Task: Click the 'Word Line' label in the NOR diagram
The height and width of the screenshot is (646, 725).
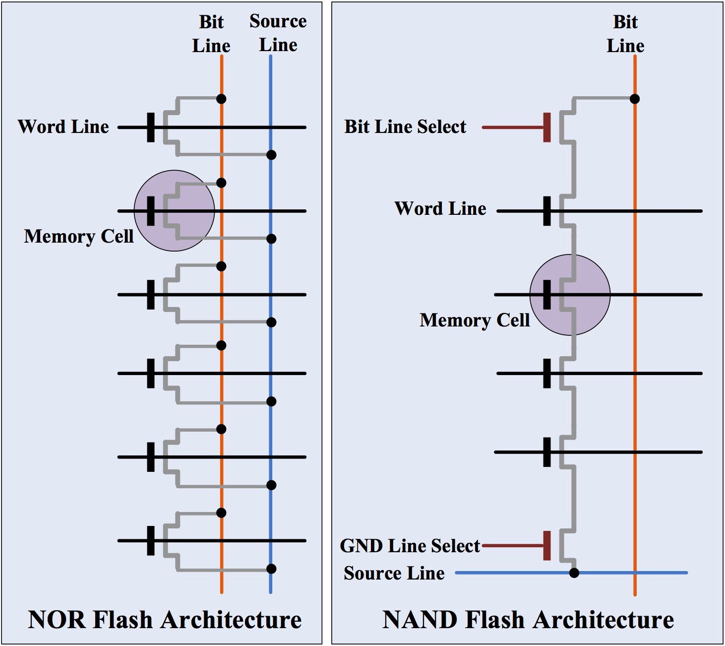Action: [x=63, y=127]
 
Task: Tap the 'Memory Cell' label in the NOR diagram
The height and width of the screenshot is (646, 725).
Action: [x=79, y=237]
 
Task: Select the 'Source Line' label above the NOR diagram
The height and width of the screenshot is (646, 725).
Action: [x=278, y=33]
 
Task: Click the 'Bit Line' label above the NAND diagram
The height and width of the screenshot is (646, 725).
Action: [x=625, y=34]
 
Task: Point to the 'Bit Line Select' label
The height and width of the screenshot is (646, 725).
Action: [x=405, y=127]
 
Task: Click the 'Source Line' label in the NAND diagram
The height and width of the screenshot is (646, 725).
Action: [x=394, y=573]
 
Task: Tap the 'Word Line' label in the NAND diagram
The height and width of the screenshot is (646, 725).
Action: [x=440, y=209]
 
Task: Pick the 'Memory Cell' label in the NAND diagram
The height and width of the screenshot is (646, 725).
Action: [x=475, y=321]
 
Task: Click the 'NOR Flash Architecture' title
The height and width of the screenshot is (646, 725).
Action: [x=165, y=620]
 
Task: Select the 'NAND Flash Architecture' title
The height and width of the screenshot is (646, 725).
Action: [x=528, y=620]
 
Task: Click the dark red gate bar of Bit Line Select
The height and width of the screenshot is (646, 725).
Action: [x=547, y=128]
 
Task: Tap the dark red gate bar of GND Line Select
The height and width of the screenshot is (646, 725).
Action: [x=547, y=546]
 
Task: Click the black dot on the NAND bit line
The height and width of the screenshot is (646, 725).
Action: [x=634, y=99]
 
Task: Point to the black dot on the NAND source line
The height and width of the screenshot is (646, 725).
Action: [x=574, y=573]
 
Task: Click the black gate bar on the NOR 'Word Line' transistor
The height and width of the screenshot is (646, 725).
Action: [x=151, y=128]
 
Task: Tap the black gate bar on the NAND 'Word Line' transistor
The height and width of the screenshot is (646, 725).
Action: [x=547, y=211]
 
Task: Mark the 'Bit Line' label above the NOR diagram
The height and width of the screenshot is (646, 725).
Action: [x=211, y=34]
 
